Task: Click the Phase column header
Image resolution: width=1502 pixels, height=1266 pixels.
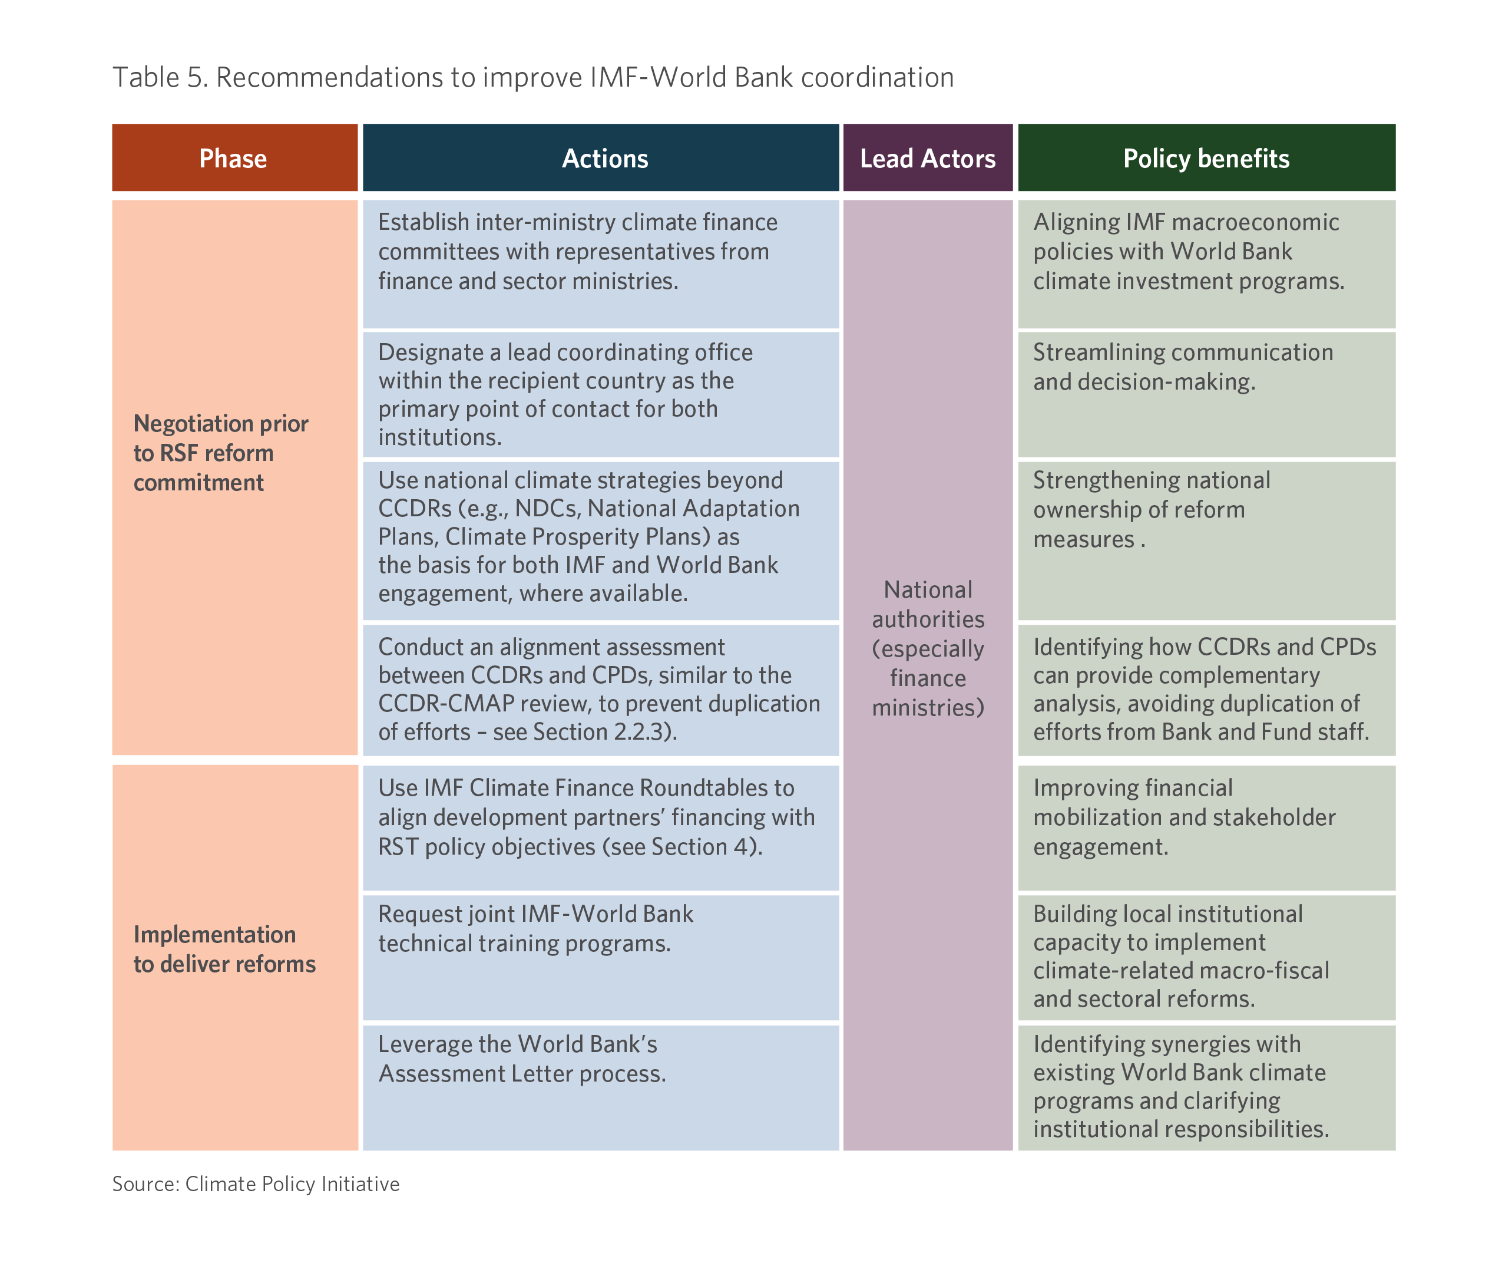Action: click(234, 158)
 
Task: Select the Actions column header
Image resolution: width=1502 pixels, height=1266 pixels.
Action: click(601, 158)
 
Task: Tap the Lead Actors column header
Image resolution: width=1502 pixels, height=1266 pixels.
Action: click(928, 158)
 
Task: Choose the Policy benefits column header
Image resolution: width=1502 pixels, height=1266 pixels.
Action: click(1206, 158)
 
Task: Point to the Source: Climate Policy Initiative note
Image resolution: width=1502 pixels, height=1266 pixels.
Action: click(256, 1184)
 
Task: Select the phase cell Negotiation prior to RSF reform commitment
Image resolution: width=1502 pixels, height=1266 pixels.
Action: click(221, 453)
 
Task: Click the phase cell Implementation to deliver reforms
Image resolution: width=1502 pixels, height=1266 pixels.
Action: click(224, 949)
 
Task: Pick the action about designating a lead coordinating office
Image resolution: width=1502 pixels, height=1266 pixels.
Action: click(566, 394)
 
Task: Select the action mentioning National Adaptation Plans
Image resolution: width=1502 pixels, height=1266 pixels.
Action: click(589, 536)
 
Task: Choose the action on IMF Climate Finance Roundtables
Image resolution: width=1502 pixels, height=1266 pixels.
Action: click(597, 817)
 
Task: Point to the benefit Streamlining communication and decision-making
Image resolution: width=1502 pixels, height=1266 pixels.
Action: click(1183, 367)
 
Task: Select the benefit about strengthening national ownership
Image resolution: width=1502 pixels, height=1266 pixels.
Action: click(1152, 509)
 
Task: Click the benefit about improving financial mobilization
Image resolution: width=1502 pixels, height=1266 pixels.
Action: click(1185, 817)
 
